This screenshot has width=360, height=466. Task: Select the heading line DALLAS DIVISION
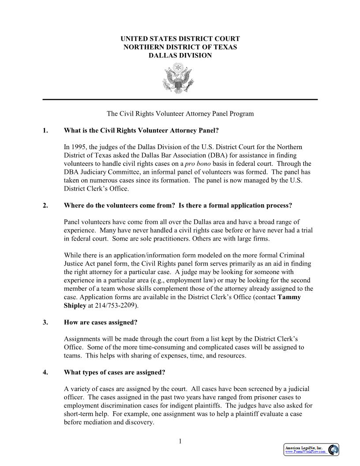coord(180,56)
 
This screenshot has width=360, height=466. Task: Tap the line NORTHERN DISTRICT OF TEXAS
coord(180,47)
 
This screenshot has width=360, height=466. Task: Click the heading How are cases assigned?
coord(101,322)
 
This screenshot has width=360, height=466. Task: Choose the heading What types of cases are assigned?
coord(114,372)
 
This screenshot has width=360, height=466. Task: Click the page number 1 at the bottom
coord(180,441)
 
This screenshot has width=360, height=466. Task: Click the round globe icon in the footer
coord(333,449)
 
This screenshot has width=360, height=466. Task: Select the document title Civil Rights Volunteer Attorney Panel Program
coord(180,113)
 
